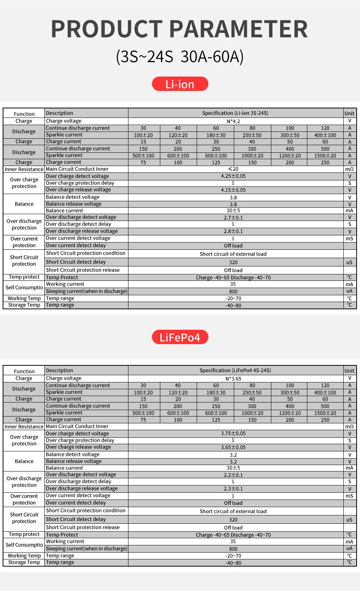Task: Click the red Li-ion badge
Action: tap(180, 84)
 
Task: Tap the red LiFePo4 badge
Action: tap(180, 337)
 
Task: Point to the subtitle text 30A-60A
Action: tap(212, 57)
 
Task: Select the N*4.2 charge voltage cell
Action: tap(233, 121)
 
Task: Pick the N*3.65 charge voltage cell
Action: tap(233, 379)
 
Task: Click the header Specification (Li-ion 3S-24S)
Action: tap(235, 113)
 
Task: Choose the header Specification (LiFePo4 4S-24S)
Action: tap(235, 370)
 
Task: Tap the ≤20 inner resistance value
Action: tap(233, 169)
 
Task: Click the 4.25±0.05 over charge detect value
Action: tap(233, 176)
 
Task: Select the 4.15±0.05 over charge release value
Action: tap(233, 190)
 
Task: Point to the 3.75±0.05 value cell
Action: tap(233, 434)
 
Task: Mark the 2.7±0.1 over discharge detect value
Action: tap(233, 218)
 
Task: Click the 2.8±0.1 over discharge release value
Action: tap(233, 231)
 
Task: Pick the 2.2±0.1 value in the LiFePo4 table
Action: tap(233, 475)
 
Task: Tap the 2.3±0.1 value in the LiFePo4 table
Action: tap(233, 489)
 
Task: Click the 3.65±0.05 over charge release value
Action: tap(233, 447)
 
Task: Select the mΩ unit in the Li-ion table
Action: tap(349, 169)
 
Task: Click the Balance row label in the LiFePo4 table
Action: tap(24, 461)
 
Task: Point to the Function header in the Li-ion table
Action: tap(24, 114)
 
